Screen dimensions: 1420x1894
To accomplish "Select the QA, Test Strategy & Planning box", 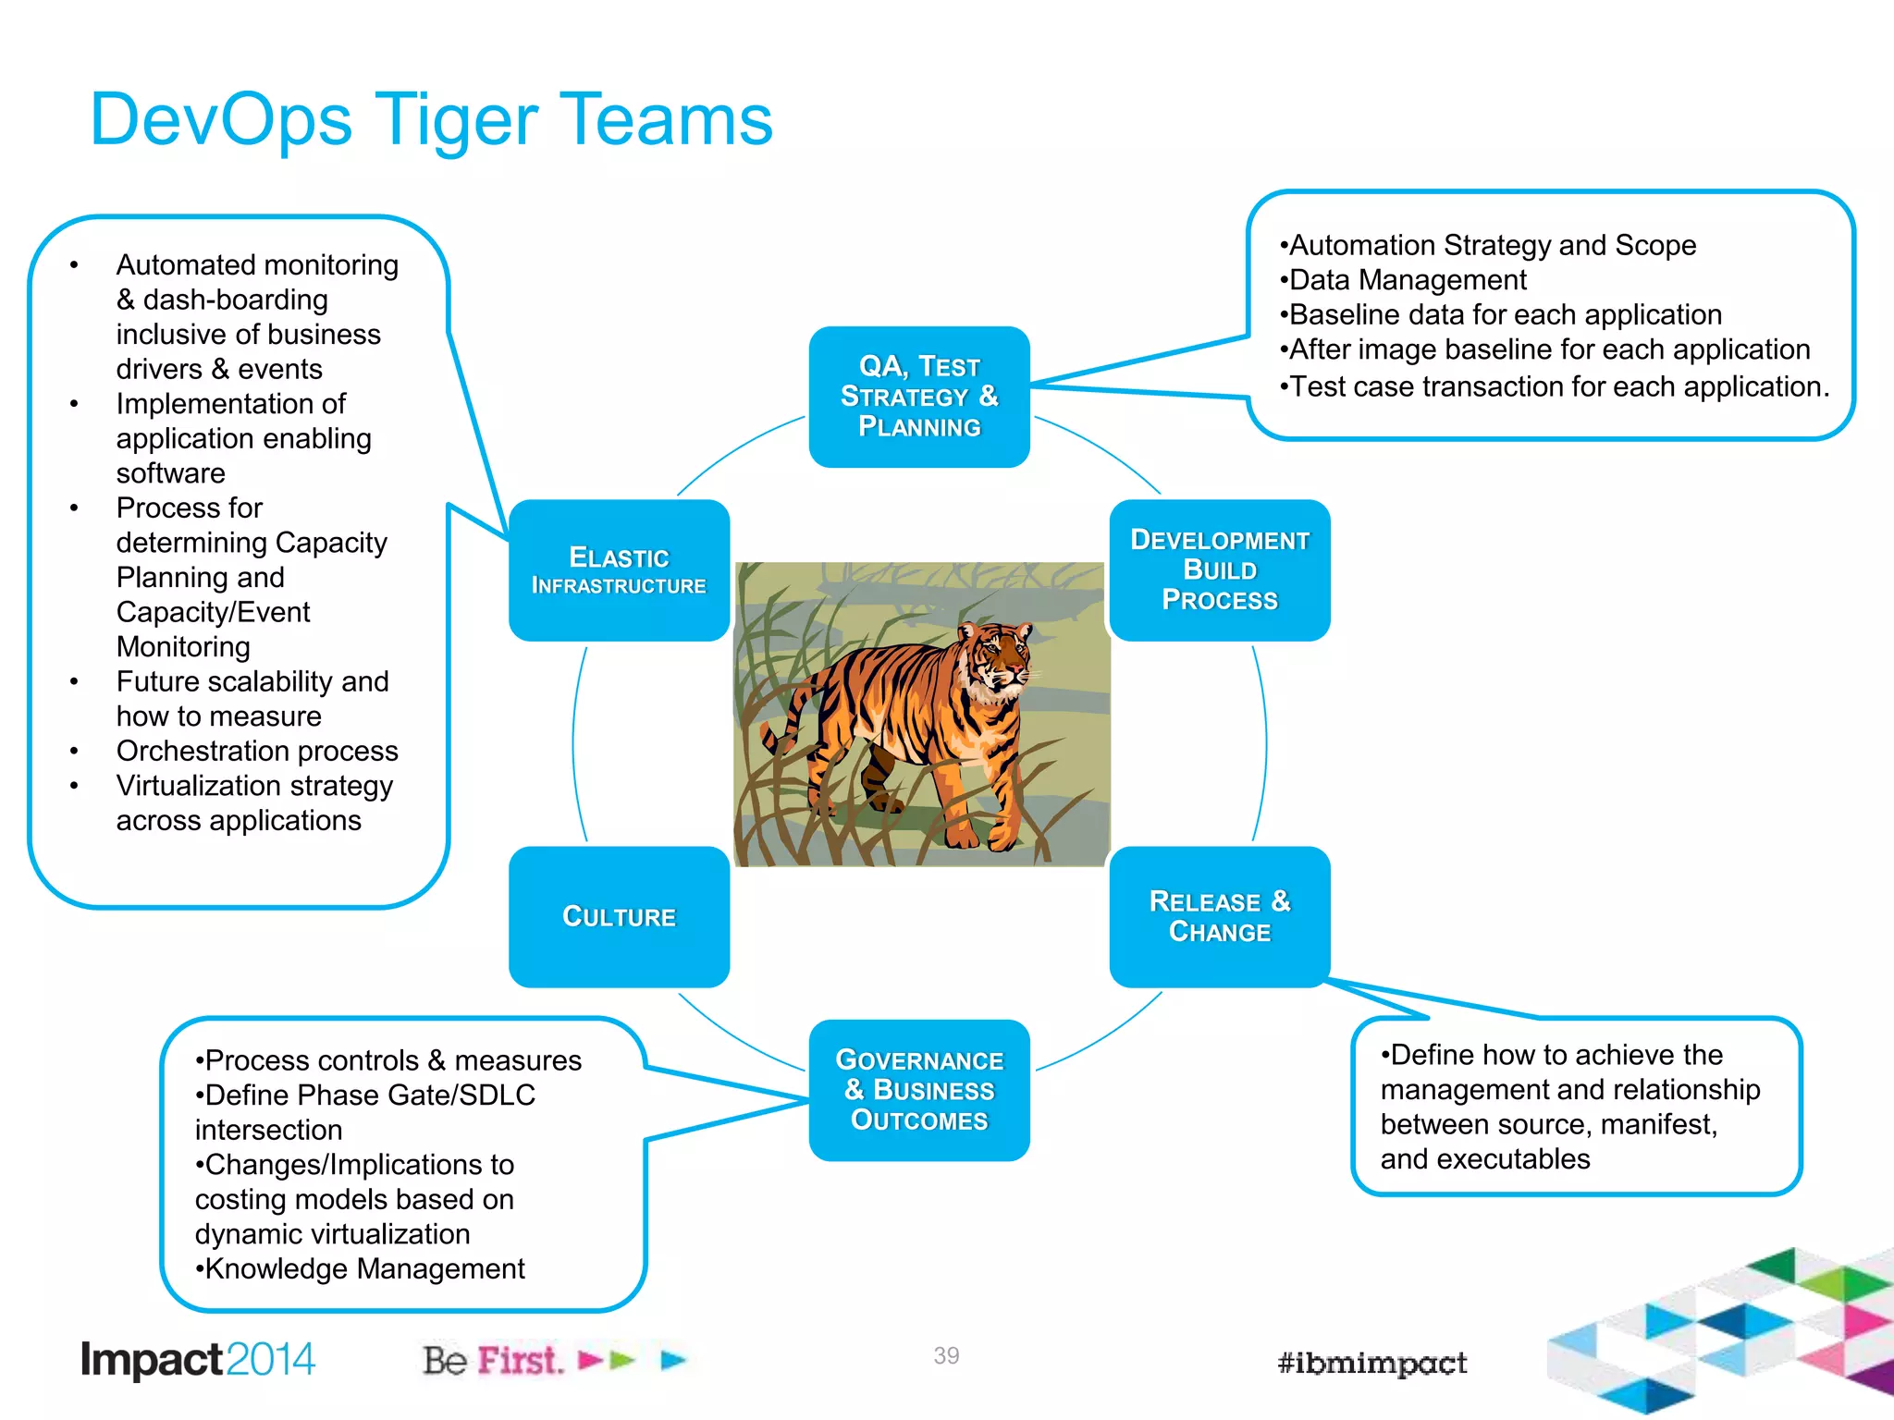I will (918, 397).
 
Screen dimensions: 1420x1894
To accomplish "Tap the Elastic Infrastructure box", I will (619, 570).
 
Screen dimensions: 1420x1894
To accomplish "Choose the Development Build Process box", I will (1219, 570).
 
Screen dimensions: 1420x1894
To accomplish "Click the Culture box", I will (619, 916).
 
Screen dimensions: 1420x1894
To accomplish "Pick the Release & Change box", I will (1219, 916).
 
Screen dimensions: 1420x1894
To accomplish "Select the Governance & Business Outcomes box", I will (918, 1090).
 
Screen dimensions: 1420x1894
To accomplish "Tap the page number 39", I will (946, 1355).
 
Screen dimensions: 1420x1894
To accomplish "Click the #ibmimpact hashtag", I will (1371, 1363).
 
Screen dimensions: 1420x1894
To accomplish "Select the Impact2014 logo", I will (198, 1360).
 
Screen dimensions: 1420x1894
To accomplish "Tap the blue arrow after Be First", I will (673, 1360).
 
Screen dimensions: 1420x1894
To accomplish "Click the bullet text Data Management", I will (1408, 280).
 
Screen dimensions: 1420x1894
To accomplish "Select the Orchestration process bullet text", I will (257, 751).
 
